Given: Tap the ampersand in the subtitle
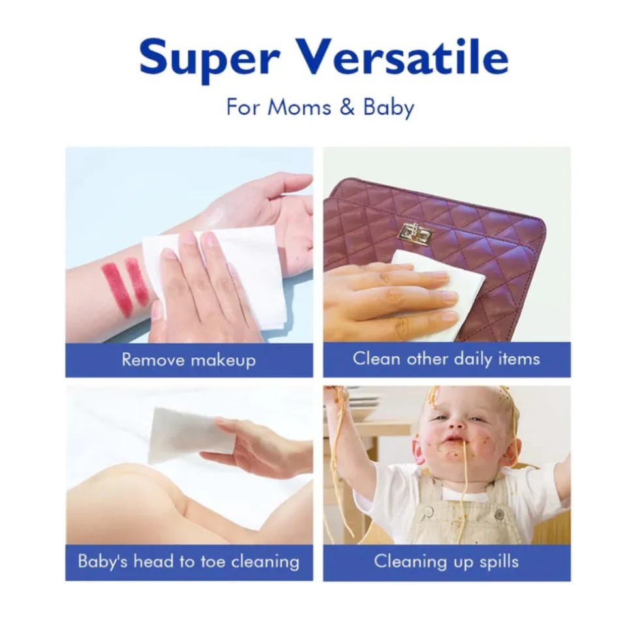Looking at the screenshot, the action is click(347, 107).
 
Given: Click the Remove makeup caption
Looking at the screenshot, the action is click(189, 360).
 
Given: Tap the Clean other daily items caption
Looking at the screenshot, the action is click(446, 359).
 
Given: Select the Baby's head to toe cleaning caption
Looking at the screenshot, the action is click(189, 561).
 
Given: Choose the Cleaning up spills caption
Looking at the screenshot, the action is click(446, 561).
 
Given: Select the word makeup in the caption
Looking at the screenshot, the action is click(223, 360).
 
